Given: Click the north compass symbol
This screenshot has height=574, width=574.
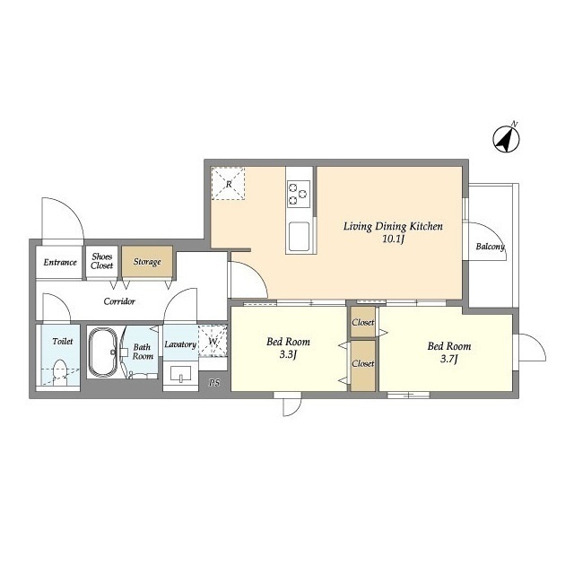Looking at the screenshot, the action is point(506,139).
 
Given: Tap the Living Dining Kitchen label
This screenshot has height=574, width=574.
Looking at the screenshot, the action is point(393,226).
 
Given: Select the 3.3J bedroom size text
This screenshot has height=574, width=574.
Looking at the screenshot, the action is point(288,355).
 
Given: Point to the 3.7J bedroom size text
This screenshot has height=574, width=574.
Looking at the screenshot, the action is point(449,359).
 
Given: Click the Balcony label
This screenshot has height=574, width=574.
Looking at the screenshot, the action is point(491,247).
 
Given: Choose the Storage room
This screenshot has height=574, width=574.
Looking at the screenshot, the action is point(147,261).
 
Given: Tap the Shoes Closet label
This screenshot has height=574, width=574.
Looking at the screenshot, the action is point(101,261).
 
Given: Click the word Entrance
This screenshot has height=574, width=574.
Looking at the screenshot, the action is point(60,262).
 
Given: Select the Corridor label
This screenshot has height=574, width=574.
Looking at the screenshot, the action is point(119,301).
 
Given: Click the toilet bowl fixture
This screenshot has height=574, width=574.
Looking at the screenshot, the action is point(60,372).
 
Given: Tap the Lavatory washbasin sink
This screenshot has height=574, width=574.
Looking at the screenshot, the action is point(181,374).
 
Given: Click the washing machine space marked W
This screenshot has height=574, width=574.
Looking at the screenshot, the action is point(213,341).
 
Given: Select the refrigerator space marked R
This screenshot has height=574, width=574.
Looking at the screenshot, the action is point(228,184).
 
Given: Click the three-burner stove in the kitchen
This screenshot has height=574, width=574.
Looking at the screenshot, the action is point(299,194).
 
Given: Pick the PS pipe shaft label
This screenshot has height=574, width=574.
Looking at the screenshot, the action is point(214,383).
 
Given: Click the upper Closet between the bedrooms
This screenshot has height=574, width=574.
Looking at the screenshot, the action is point(362,322).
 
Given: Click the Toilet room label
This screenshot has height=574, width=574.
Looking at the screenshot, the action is point(63,341).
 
